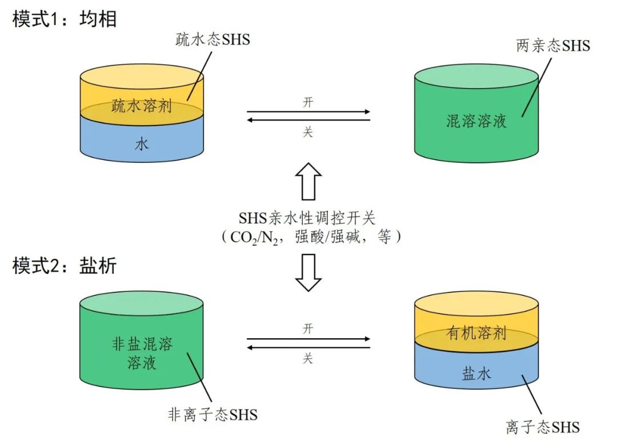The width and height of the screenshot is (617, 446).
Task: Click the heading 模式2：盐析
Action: tap(65, 266)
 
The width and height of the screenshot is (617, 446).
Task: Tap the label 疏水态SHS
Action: tap(212, 40)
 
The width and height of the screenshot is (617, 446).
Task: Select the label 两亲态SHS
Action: tap(552, 46)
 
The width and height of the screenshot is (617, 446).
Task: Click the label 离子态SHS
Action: tap(543, 427)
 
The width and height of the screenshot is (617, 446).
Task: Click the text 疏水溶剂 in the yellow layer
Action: tap(142, 106)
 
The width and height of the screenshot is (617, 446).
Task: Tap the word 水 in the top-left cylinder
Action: tap(142, 144)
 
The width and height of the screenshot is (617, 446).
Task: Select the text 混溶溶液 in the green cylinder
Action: tap(476, 120)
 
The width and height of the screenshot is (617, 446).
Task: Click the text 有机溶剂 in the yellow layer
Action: tap(476, 334)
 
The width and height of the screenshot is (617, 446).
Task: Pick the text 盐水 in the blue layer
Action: tap(476, 374)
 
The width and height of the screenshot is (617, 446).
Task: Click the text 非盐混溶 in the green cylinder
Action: tap(142, 344)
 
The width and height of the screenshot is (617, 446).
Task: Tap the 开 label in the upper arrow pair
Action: tap(308, 103)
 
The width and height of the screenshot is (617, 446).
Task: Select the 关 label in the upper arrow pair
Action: tap(308, 132)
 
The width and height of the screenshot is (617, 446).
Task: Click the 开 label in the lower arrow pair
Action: tap(308, 329)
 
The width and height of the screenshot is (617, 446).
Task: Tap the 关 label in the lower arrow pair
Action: tap(308, 358)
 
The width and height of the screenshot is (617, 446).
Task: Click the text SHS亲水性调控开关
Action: tap(308, 219)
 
